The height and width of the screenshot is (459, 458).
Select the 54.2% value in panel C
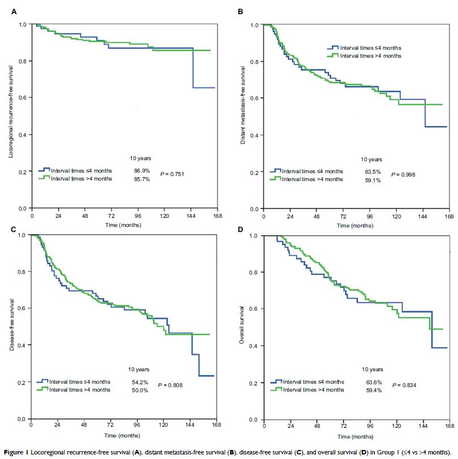[x=138, y=381]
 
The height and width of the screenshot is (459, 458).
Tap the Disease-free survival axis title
[x=11, y=325]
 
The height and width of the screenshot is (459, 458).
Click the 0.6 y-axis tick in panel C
[x=23, y=308]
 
